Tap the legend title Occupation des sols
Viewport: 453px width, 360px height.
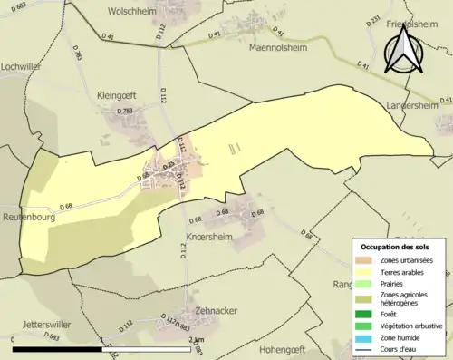(x=397, y=247)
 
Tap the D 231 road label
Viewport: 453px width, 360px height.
(x=374, y=19)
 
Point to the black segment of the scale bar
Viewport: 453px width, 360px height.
(x=63, y=348)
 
